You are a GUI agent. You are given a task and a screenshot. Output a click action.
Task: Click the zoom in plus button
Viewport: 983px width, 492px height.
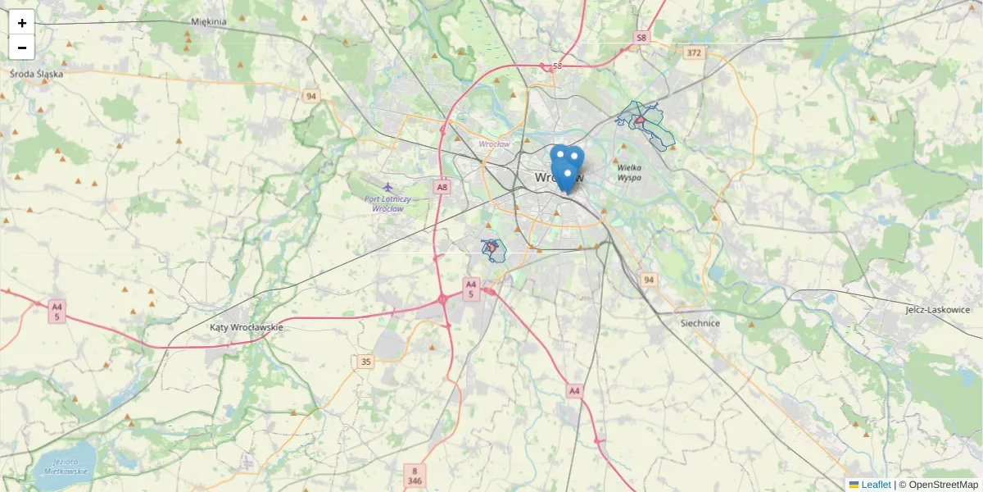tap(22, 23)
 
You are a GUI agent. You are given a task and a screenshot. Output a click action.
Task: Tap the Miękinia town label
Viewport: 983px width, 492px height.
tap(208, 22)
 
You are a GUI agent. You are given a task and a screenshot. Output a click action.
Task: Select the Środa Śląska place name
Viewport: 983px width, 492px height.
tap(37, 73)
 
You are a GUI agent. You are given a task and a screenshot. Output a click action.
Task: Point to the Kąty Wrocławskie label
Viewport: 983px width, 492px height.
tap(247, 327)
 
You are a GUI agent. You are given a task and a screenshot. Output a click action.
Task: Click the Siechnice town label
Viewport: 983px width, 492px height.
tap(700, 323)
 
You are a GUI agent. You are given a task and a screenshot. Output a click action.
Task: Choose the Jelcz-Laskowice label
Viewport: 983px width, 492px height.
tap(938, 310)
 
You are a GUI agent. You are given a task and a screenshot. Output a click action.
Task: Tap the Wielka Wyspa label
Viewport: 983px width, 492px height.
tap(629, 172)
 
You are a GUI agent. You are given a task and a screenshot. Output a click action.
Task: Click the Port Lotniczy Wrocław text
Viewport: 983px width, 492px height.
tap(388, 203)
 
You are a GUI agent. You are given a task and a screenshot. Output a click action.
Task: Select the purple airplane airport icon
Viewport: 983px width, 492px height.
tap(387, 186)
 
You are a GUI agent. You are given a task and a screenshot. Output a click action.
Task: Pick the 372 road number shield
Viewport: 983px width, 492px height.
tap(694, 52)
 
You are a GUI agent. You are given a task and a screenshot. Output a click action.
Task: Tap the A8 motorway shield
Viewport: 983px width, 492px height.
tap(442, 187)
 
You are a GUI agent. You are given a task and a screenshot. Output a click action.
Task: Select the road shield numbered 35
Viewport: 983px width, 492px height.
tap(365, 362)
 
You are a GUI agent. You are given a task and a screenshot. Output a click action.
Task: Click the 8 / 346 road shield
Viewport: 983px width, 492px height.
tap(415, 476)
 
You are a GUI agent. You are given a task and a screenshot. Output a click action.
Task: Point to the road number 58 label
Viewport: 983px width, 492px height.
tap(558, 66)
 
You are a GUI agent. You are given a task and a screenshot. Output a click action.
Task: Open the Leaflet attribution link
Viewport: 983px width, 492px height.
tap(876, 485)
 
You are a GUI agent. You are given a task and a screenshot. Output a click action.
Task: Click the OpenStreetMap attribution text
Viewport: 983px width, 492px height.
tap(938, 485)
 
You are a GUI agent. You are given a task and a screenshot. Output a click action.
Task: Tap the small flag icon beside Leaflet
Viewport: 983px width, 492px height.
tap(854, 485)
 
